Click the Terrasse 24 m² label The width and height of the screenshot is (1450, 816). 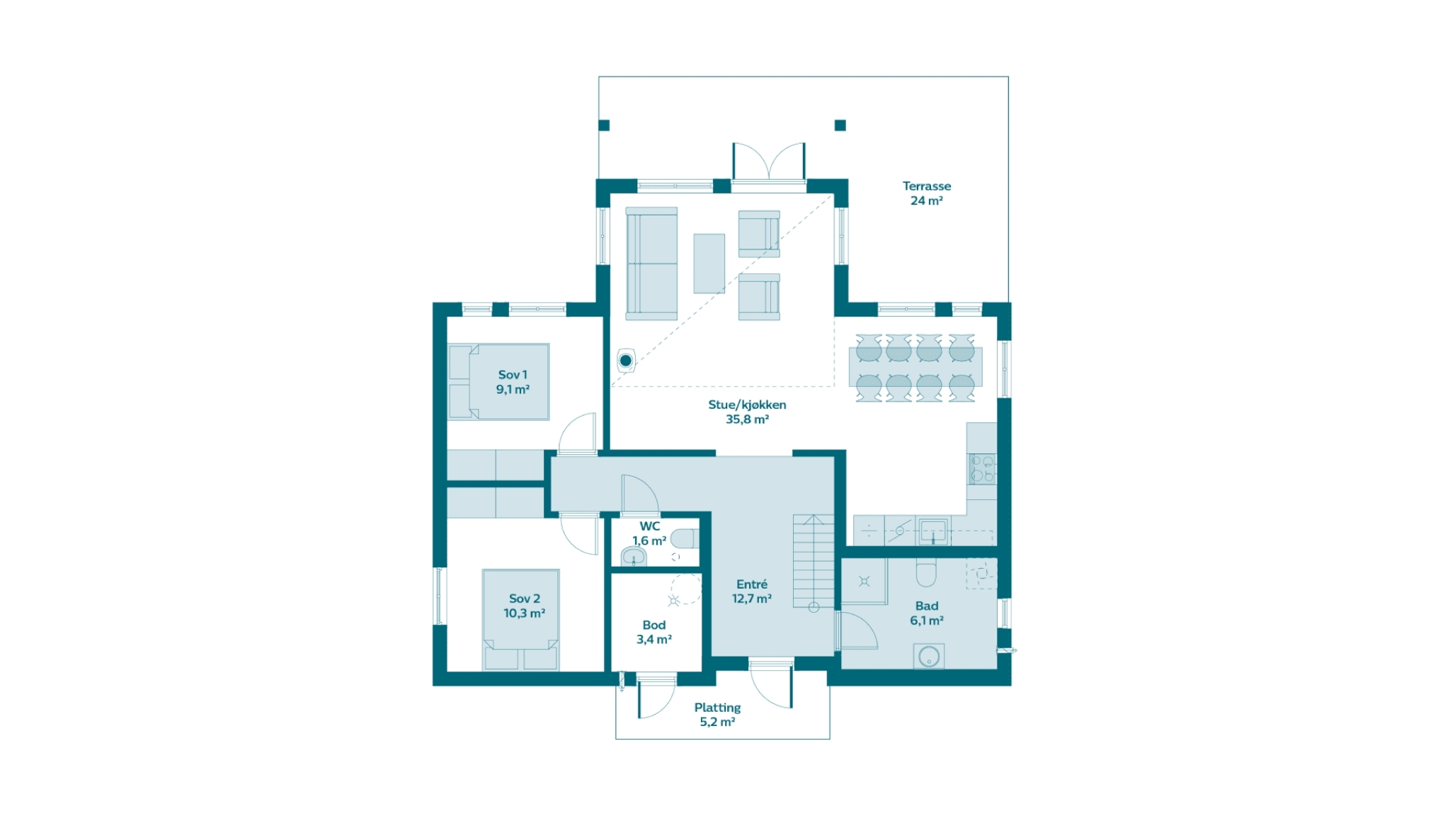(x=926, y=193)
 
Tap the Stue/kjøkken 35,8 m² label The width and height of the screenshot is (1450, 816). (x=747, y=412)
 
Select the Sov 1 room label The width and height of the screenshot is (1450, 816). (x=513, y=382)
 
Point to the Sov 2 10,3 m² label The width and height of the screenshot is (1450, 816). (x=524, y=606)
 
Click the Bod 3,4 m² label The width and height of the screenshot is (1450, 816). (x=654, y=632)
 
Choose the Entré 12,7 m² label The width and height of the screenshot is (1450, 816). (x=752, y=591)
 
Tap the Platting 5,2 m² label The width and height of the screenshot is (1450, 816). (x=717, y=715)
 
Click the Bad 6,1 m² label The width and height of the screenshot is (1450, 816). (x=927, y=613)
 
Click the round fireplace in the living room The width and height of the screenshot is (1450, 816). (x=626, y=361)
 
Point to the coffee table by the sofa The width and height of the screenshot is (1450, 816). (x=709, y=263)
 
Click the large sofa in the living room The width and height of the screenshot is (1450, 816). (x=651, y=263)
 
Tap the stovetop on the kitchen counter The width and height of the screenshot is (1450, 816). (x=983, y=469)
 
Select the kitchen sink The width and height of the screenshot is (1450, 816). (x=933, y=531)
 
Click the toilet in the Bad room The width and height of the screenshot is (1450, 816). (x=926, y=572)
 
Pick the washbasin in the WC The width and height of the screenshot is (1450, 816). (x=634, y=557)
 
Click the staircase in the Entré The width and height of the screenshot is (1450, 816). (x=814, y=561)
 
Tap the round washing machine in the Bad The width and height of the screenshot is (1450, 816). (x=929, y=656)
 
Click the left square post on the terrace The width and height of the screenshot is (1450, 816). (x=604, y=125)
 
